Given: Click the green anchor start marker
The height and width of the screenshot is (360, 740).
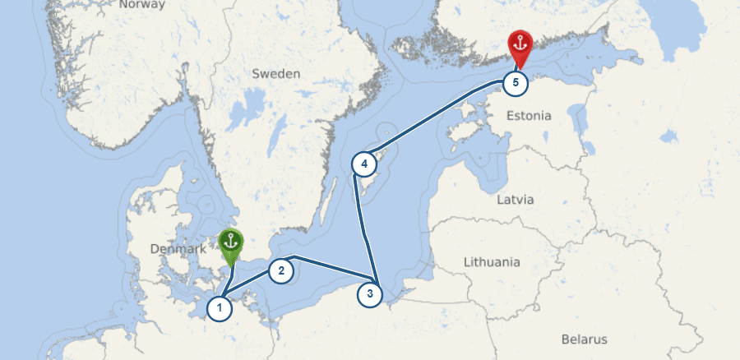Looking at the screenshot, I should pyautogui.click(x=231, y=245).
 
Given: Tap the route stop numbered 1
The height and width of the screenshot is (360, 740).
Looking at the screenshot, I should pyautogui.click(x=219, y=309).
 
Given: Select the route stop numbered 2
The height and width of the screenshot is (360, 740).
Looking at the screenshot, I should pyautogui.click(x=280, y=270).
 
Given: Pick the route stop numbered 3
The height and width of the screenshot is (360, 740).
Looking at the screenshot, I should pyautogui.click(x=370, y=293).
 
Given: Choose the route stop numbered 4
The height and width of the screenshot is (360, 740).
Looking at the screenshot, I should pyautogui.click(x=363, y=163).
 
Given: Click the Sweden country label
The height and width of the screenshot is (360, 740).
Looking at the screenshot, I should pyautogui.click(x=276, y=74).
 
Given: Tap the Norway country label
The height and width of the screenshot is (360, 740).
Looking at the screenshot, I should pyautogui.click(x=136, y=5).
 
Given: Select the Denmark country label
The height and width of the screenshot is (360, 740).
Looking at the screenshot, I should pyautogui.click(x=178, y=249).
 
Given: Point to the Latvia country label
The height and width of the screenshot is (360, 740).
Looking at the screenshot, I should pyautogui.click(x=516, y=200).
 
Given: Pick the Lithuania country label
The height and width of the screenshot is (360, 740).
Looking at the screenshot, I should pyautogui.click(x=492, y=262).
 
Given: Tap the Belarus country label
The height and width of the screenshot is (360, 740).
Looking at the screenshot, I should pyautogui.click(x=584, y=339).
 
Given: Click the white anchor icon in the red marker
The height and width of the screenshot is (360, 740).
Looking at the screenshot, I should pyautogui.click(x=520, y=44).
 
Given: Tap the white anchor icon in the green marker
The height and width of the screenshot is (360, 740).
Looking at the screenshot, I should pyautogui.click(x=231, y=242).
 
